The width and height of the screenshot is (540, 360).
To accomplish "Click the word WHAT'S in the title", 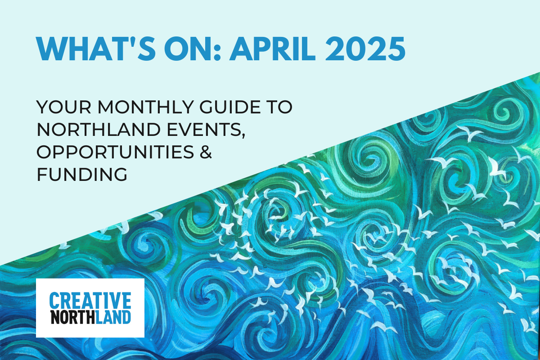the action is pos(96,49).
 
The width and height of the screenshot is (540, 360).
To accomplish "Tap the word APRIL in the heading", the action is pos(273,49).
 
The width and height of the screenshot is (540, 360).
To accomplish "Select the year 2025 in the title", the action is pos(365,49).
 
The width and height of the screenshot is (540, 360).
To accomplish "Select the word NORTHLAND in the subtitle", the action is pos(99,130).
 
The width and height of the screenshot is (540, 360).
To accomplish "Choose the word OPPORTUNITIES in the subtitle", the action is pos(115,152).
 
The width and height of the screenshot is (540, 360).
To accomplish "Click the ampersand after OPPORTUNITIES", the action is pos(206,152).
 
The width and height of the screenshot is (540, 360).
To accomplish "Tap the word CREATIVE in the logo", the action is pos(90,301).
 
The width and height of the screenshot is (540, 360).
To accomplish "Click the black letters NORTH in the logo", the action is pos(73,317).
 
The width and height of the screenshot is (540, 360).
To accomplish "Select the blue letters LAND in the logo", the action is pos(113,317).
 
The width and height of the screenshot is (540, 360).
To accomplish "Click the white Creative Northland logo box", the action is pos(90,308).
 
